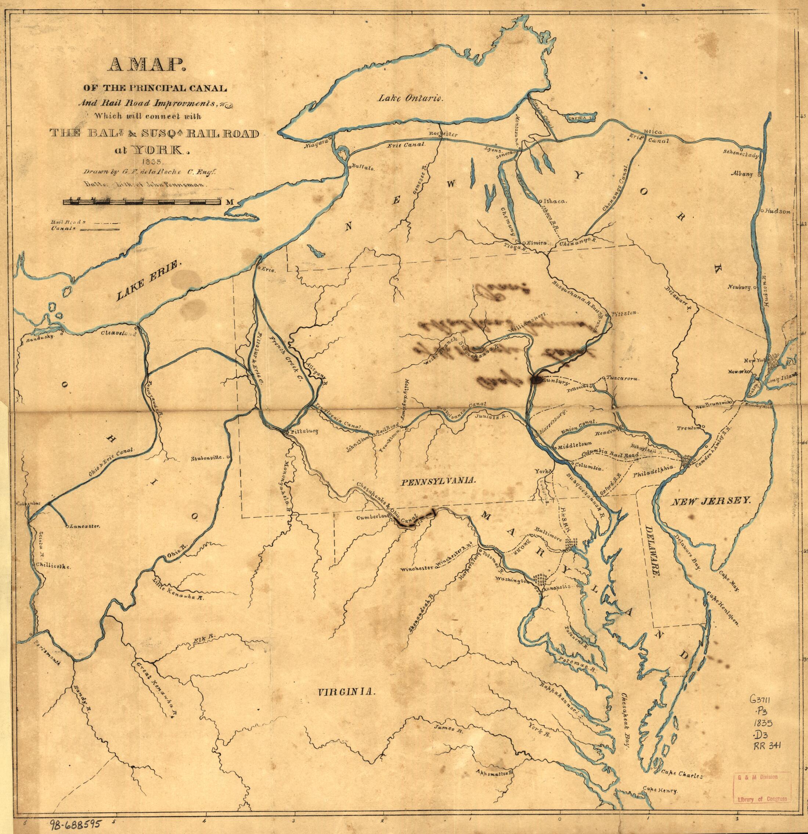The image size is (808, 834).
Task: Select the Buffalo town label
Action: click(363, 168)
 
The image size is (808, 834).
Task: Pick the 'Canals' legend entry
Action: click(85, 228)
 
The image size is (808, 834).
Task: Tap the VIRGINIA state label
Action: click(347, 692)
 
